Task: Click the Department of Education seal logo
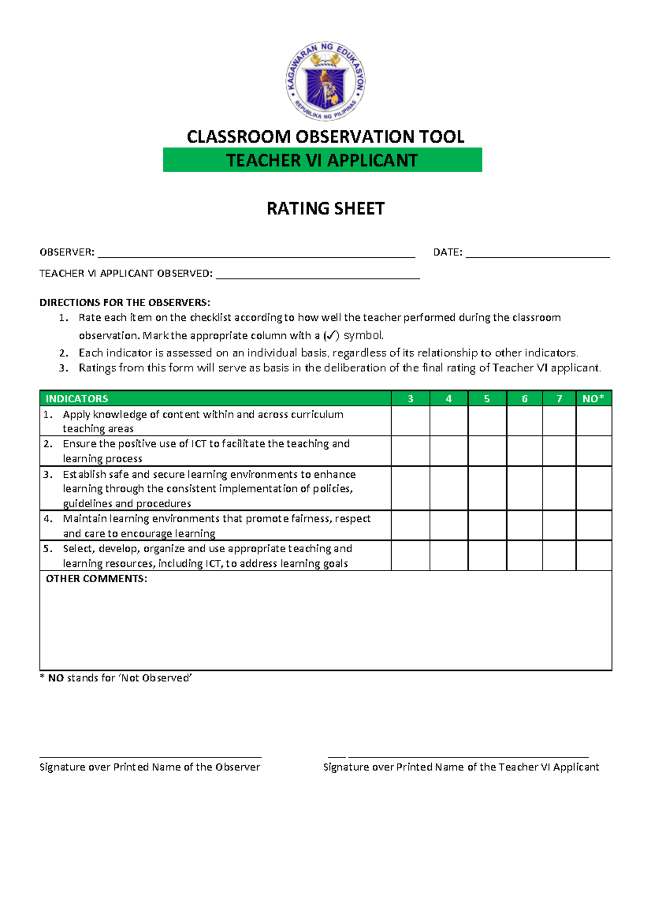[x=325, y=81]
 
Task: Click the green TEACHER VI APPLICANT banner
[x=322, y=160]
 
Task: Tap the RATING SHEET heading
[x=325, y=209]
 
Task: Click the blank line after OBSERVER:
[x=256, y=253]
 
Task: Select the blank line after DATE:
[x=537, y=253]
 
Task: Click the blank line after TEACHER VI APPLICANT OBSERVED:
[x=318, y=275]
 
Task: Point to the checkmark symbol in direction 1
[x=331, y=336]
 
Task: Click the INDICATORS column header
[x=77, y=399]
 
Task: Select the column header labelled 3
[x=410, y=399]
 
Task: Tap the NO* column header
[x=593, y=399]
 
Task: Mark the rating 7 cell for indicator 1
[x=559, y=421]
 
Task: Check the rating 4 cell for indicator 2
[x=449, y=451]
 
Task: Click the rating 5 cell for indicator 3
[x=487, y=488]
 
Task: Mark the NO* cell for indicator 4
[x=593, y=525]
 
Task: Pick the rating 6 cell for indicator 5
[x=524, y=555]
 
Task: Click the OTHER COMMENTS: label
[x=97, y=579]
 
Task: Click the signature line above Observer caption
[x=150, y=756]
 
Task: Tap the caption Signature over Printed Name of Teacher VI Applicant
[x=461, y=767]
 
